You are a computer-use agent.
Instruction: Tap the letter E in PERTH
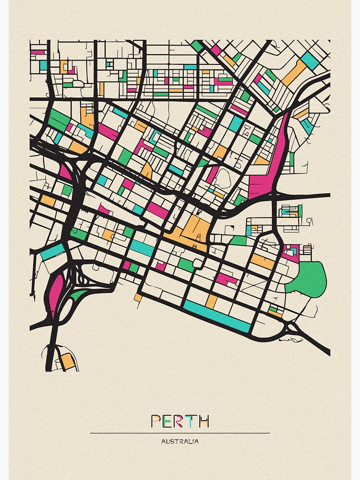(x=168, y=421)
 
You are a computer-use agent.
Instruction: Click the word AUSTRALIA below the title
(x=180, y=442)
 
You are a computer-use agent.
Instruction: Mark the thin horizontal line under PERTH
(x=180, y=433)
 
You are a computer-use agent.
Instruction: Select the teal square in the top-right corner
(x=310, y=60)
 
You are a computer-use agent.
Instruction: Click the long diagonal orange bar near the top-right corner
(x=294, y=73)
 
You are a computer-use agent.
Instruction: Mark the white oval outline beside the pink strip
(x=221, y=180)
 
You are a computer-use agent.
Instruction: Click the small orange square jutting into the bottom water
(x=138, y=298)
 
